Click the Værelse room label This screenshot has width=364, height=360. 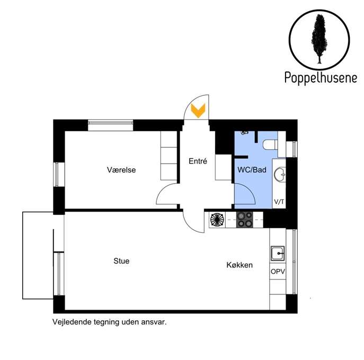click(x=121, y=170)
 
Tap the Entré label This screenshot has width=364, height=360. click(x=198, y=161)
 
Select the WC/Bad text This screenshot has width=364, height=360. click(x=252, y=170)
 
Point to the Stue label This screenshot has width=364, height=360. click(x=121, y=261)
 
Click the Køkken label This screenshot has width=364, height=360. click(x=239, y=265)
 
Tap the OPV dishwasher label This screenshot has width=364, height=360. click(x=278, y=272)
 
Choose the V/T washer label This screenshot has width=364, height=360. click(x=279, y=202)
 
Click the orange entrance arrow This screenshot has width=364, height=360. click(x=198, y=111)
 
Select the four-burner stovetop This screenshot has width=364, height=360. click(x=244, y=219)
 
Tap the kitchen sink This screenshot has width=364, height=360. click(x=278, y=253)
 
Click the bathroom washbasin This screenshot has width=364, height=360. click(x=280, y=174)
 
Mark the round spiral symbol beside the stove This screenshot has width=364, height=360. click(x=217, y=219)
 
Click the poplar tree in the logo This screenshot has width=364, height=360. click(x=319, y=39)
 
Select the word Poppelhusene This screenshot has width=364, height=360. click(x=321, y=78)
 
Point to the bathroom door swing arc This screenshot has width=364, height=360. click(x=250, y=190)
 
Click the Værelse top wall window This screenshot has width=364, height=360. click(x=111, y=125)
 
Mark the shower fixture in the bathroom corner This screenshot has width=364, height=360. click(x=245, y=133)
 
